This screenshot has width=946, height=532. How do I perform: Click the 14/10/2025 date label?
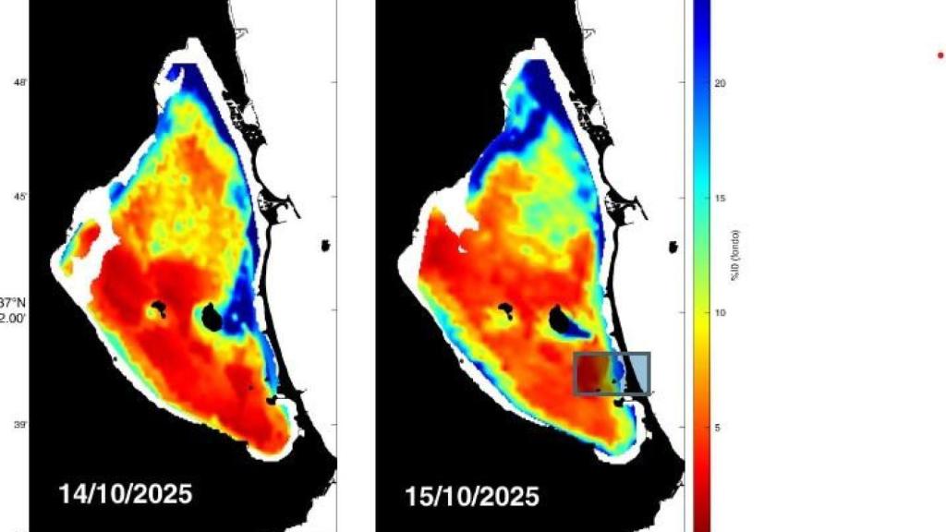click(x=126, y=493)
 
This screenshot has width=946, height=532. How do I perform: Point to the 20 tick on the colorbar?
click(x=720, y=83)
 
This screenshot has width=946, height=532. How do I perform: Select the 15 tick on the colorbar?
click(x=720, y=198)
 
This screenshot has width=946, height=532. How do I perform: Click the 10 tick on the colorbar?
click(x=720, y=312)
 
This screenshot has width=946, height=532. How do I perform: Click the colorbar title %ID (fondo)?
click(x=736, y=254)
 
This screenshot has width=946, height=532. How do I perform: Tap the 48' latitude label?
click(x=19, y=83)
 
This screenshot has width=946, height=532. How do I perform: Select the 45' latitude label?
click(x=19, y=198)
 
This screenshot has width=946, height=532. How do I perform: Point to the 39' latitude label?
click(x=19, y=426)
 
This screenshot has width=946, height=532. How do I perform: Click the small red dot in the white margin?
click(x=940, y=55)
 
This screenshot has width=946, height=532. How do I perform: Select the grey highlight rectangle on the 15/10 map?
click(x=612, y=373)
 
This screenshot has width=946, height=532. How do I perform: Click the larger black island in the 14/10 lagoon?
click(x=212, y=318)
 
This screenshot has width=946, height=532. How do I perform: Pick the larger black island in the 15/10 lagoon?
click(x=560, y=319)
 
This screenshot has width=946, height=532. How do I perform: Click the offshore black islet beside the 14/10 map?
click(x=325, y=245)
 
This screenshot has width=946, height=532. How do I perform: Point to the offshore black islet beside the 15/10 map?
click(x=673, y=247)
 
